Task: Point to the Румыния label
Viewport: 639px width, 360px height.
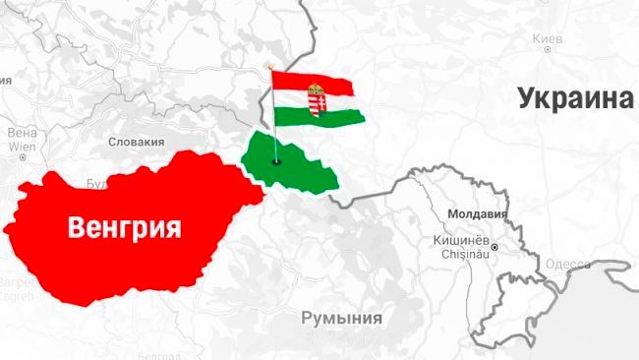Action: [341, 318]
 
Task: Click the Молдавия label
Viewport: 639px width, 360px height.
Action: [476, 212]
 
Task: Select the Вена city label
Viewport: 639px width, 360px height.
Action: [21, 131]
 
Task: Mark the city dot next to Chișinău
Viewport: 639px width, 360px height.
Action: [495, 246]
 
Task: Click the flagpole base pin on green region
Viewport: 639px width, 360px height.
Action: [276, 161]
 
